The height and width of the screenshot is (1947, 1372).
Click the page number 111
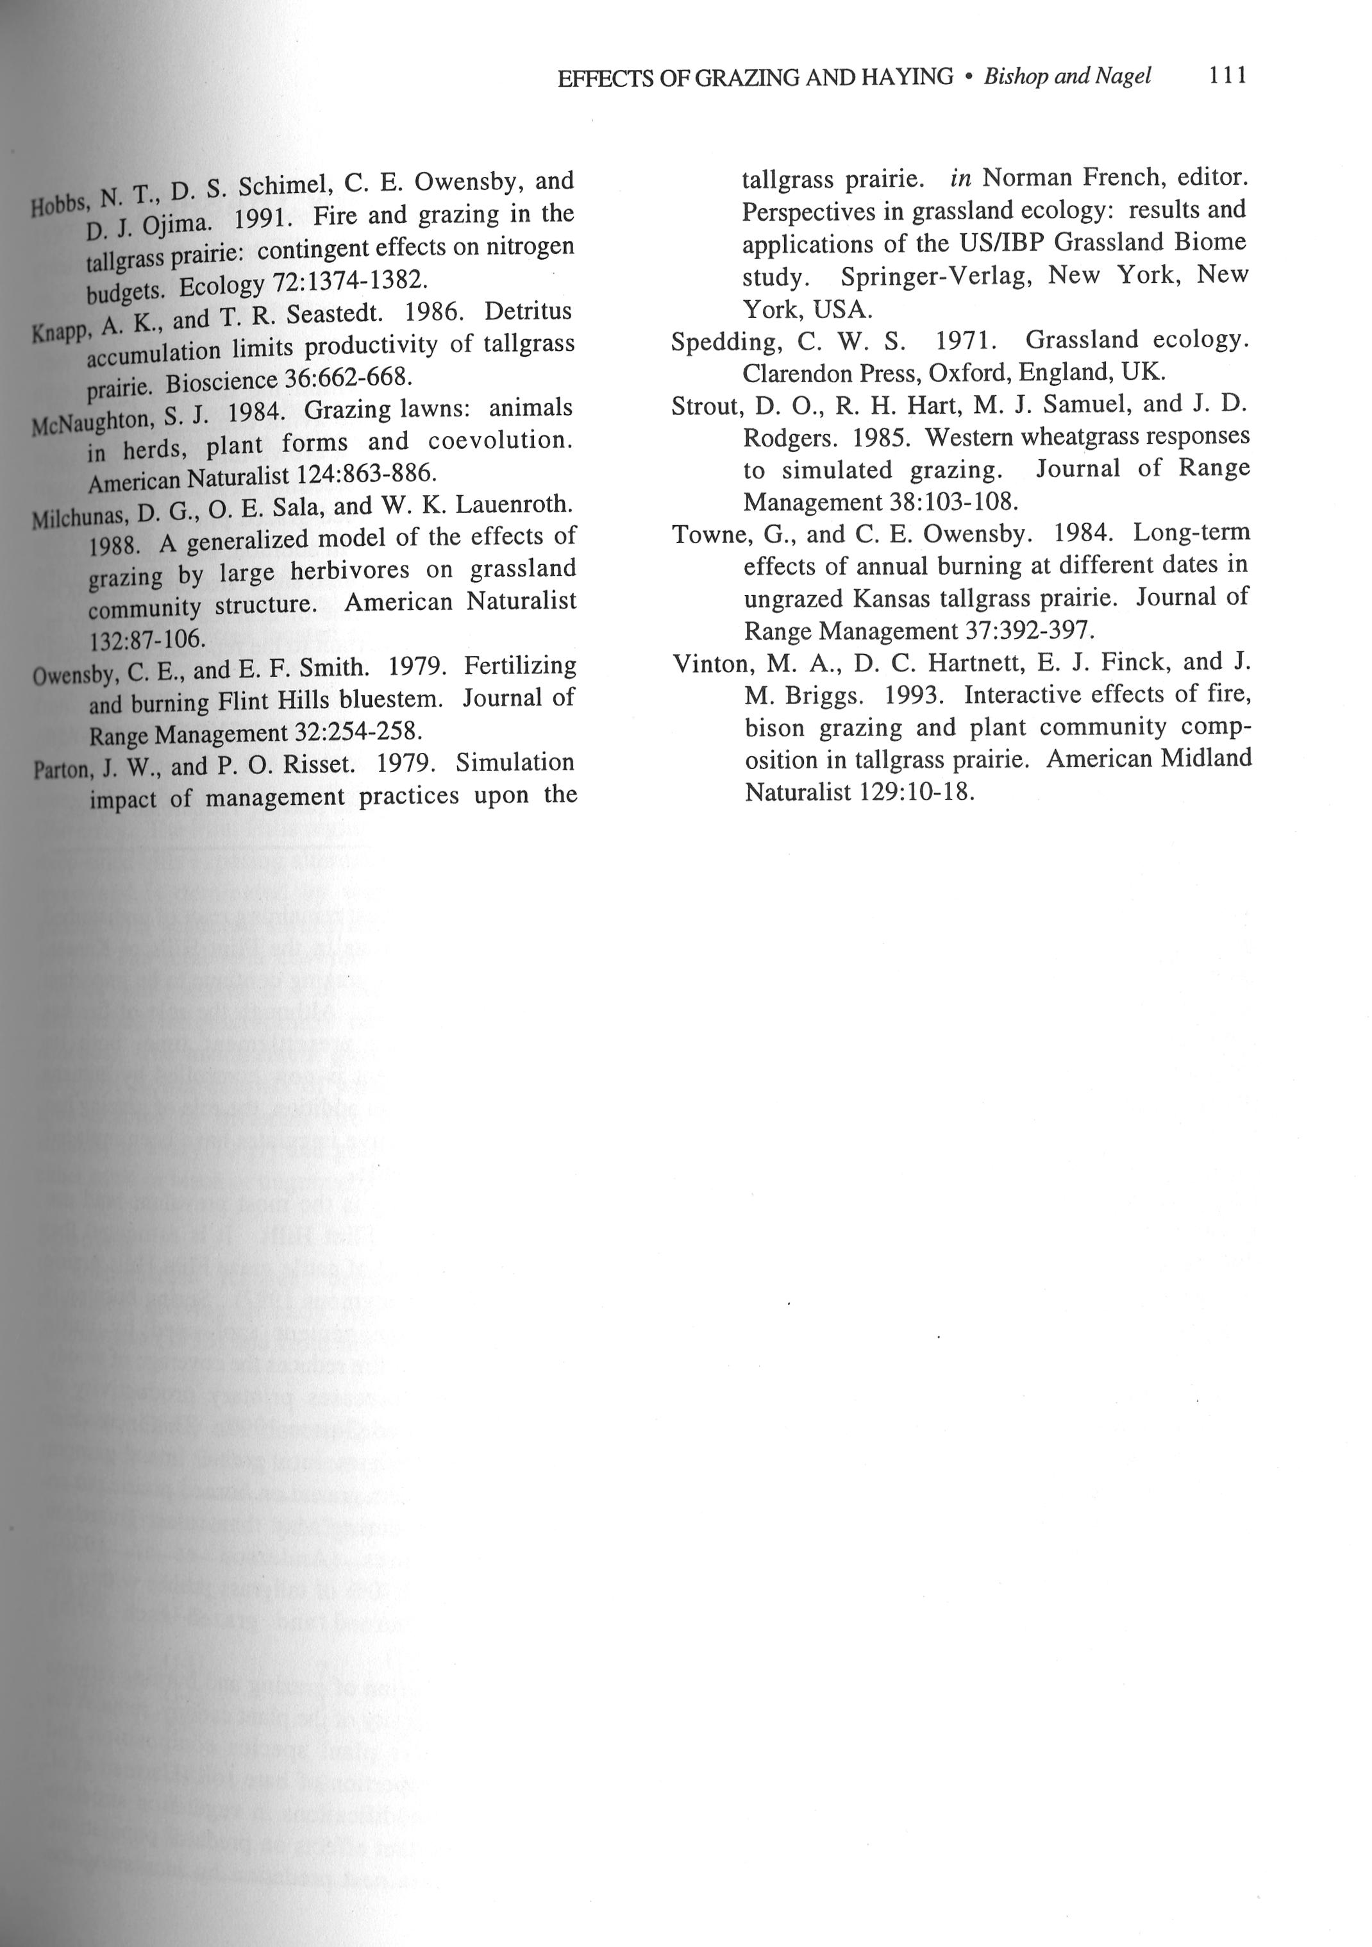[x=1227, y=76]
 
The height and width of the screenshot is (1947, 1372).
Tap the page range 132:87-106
[x=147, y=637]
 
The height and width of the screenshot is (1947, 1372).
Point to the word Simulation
[x=515, y=763]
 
